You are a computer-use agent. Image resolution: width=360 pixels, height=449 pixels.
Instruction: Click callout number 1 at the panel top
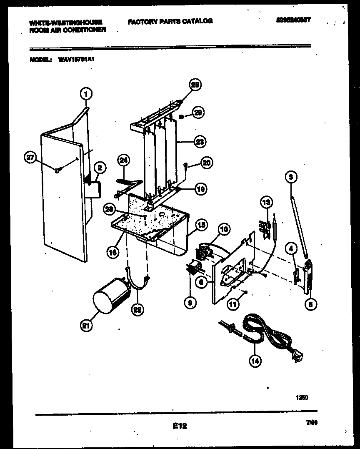[86, 94]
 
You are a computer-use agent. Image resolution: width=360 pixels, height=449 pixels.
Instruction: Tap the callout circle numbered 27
[30, 157]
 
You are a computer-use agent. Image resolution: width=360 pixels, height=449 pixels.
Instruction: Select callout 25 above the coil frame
[195, 85]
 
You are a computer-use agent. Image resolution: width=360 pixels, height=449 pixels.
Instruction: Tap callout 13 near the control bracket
[266, 203]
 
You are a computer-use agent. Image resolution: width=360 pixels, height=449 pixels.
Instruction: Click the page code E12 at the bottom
[179, 426]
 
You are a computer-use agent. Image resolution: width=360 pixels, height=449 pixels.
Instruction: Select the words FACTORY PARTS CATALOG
[170, 21]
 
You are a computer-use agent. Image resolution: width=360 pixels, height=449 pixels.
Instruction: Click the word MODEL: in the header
[40, 60]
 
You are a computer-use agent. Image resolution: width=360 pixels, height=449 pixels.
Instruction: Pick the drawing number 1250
[302, 398]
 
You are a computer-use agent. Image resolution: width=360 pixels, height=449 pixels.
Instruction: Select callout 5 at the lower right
[310, 304]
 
